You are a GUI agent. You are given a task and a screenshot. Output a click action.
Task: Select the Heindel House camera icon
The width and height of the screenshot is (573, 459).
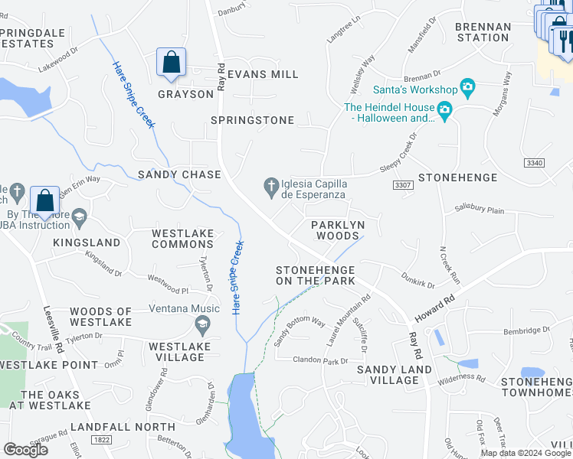[444, 113]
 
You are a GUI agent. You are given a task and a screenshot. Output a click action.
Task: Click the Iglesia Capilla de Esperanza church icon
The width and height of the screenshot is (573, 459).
[270, 184]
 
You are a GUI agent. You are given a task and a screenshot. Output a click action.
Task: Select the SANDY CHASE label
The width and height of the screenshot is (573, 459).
[179, 174]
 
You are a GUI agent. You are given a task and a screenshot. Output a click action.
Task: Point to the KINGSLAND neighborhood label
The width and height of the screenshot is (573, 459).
[87, 243]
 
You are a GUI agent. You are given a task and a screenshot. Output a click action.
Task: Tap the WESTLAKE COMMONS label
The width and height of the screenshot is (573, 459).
[182, 239]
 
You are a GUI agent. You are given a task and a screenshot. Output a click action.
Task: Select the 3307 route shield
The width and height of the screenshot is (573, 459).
[402, 185]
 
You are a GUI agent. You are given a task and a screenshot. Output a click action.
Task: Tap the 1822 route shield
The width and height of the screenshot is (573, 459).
[100, 440]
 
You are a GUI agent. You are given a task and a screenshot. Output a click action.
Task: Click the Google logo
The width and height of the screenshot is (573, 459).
[26, 450]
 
